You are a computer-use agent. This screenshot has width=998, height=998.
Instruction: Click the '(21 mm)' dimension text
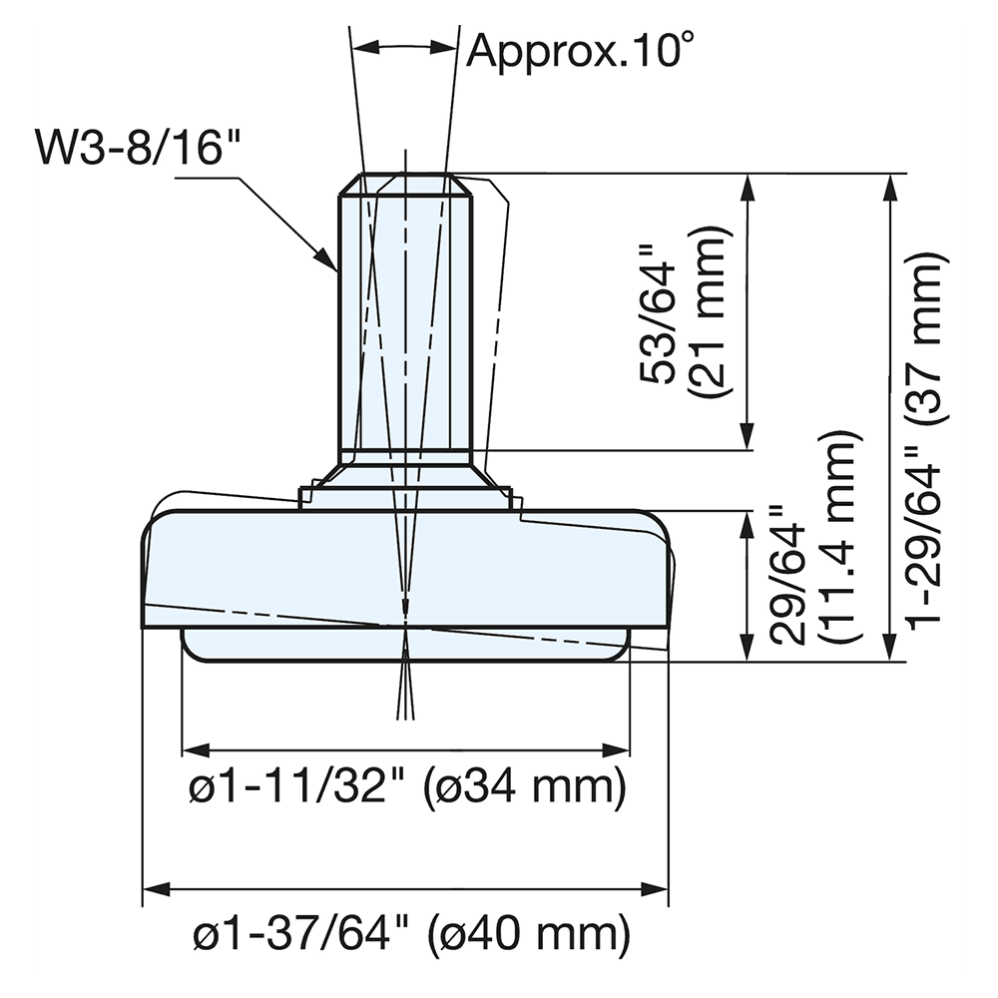coord(712,312)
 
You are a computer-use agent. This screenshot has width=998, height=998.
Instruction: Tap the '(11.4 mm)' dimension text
coord(836,540)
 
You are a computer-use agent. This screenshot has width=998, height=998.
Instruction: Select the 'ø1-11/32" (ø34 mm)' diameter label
coord(407,788)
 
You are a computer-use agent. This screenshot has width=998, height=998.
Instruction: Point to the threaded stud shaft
coord(405,319)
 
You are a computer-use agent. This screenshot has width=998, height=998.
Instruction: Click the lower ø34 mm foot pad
coord(299,644)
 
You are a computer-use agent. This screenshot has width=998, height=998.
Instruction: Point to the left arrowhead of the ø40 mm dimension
coord(153,886)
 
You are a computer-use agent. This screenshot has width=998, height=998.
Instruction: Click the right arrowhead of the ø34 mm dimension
coord(622,748)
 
